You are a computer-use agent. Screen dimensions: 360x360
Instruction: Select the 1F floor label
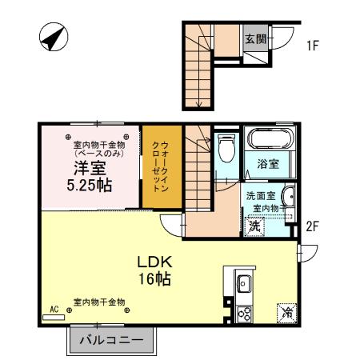tap(313, 46)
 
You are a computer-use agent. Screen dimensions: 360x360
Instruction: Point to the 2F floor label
tap(313, 226)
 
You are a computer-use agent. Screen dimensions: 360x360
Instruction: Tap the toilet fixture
tap(226, 148)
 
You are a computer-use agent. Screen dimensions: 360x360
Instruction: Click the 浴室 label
tap(267, 165)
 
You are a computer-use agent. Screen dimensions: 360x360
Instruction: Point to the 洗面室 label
tap(260, 194)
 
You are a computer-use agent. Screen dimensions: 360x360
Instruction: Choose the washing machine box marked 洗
tap(254, 226)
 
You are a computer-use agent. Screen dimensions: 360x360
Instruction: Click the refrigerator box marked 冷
tap(286, 313)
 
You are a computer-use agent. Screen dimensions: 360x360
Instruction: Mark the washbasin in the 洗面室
tap(287, 199)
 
